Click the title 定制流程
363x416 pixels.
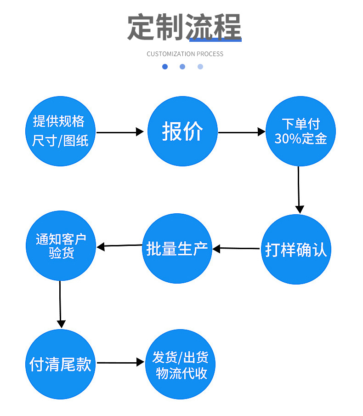pyautogui.click(x=184, y=28)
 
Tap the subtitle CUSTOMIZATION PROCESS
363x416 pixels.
pyautogui.click(x=185, y=54)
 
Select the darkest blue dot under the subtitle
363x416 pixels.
pyautogui.click(x=165, y=67)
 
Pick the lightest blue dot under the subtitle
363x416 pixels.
pyautogui.click(x=200, y=67)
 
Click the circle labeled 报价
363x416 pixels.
pyautogui.click(x=182, y=131)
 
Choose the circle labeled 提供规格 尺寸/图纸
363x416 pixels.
pyautogui.click(x=60, y=131)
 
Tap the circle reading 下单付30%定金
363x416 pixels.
pyautogui.click(x=301, y=131)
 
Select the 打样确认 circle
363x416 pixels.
pyautogui.click(x=296, y=250)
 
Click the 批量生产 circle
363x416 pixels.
pyautogui.click(x=177, y=249)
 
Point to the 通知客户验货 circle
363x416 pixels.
pyautogui.click(x=60, y=246)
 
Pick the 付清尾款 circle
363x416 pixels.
pyautogui.click(x=60, y=364)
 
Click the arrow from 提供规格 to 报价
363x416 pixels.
pyautogui.click(x=120, y=132)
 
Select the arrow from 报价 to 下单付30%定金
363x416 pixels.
pyautogui.click(x=242, y=132)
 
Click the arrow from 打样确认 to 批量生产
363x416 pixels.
pyautogui.click(x=236, y=249)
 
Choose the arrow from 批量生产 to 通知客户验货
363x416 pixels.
pyautogui.click(x=119, y=246)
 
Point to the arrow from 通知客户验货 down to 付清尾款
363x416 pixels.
pyautogui.click(x=60, y=304)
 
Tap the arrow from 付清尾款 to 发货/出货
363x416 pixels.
pyautogui.click(x=120, y=362)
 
